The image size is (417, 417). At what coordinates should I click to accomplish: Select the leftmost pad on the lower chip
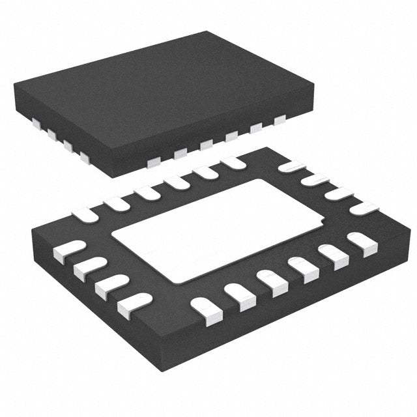(x=68, y=251)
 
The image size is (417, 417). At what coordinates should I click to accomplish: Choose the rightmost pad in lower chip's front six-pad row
(x=362, y=242)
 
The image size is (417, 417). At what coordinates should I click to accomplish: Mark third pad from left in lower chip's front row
(x=272, y=281)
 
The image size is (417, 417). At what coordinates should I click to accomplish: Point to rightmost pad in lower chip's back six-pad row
(x=233, y=162)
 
